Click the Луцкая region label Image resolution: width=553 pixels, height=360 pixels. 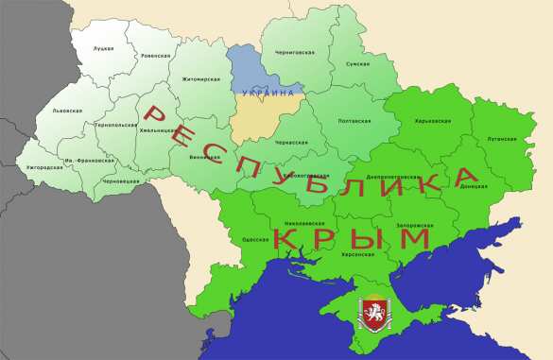tap(104, 48)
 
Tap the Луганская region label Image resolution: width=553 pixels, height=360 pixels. tap(502, 139)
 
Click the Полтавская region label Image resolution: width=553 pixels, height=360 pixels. tap(354, 121)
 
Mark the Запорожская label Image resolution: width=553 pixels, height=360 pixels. tap(415, 225)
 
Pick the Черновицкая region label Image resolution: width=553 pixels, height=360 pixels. tap(121, 180)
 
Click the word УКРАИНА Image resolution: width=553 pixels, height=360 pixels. tap(268, 92)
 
